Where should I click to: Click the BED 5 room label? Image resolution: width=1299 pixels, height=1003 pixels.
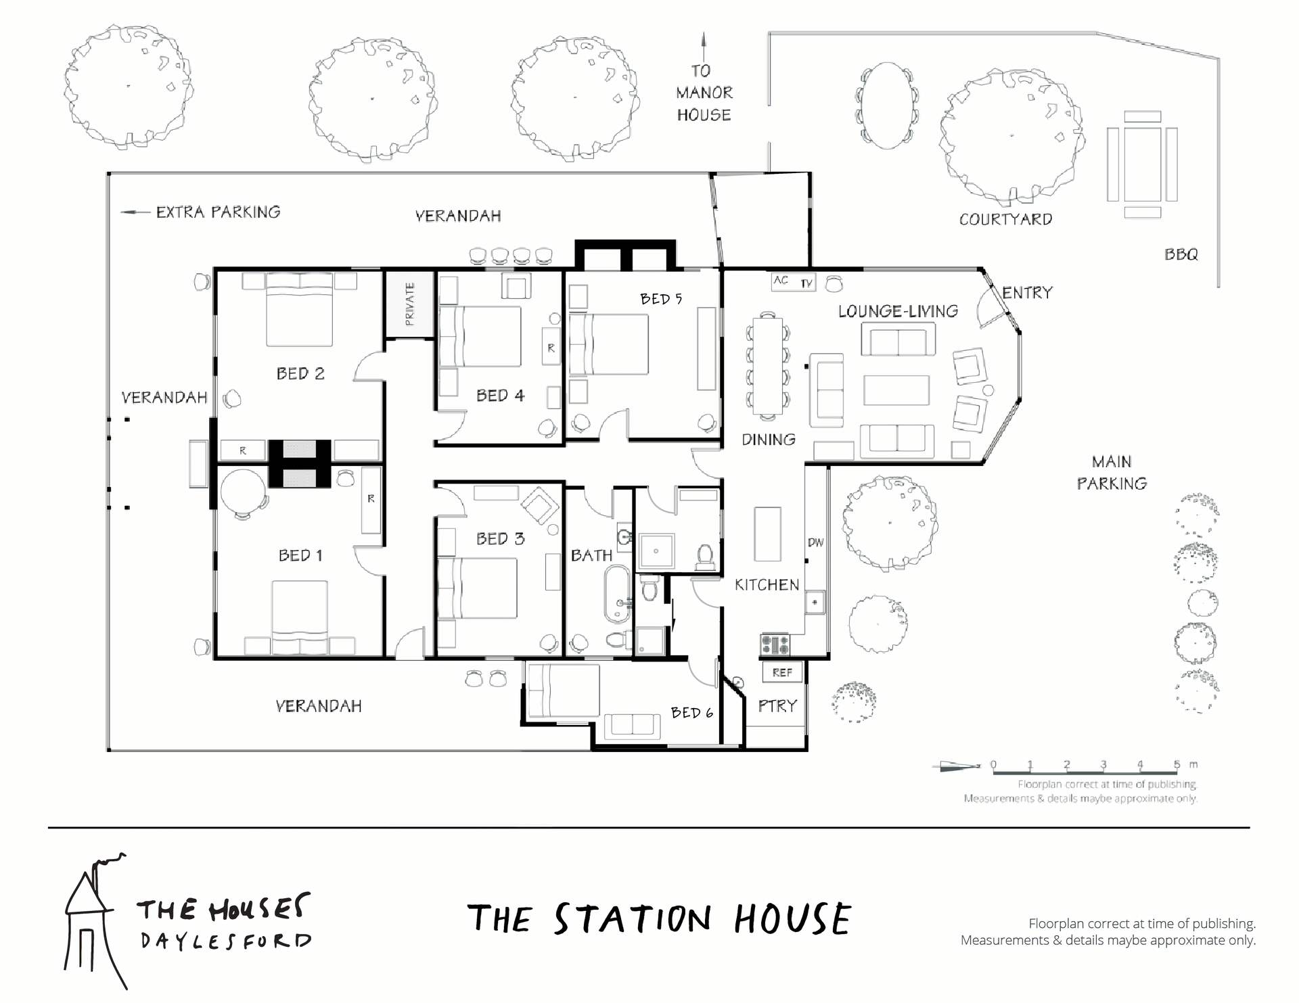[x=661, y=298]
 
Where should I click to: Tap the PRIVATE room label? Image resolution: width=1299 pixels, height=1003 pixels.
[x=409, y=304]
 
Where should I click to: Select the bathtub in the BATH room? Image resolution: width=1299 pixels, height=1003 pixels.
[x=616, y=593]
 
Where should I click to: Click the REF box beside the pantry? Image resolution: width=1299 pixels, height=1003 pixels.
[x=782, y=672]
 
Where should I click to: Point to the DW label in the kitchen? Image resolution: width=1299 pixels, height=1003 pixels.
[x=815, y=542]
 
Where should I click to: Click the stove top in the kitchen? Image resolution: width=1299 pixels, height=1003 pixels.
[x=775, y=644]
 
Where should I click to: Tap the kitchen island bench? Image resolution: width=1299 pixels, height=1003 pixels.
[x=767, y=534]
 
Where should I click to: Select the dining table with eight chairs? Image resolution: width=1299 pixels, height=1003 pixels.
[x=767, y=365]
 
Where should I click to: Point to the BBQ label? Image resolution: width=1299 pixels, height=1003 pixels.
[x=1181, y=254]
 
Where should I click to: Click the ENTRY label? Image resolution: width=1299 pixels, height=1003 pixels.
[x=1027, y=293]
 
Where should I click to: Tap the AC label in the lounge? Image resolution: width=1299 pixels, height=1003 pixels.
[x=781, y=280]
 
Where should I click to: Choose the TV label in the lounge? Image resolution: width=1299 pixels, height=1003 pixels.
[x=806, y=283]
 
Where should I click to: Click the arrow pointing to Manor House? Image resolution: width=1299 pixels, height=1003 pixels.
[x=704, y=47]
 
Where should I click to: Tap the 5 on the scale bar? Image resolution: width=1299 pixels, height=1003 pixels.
[x=1177, y=764]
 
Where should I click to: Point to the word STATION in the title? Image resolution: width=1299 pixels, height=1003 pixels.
[x=633, y=919]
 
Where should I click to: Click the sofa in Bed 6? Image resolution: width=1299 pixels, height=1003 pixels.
[x=633, y=726]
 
